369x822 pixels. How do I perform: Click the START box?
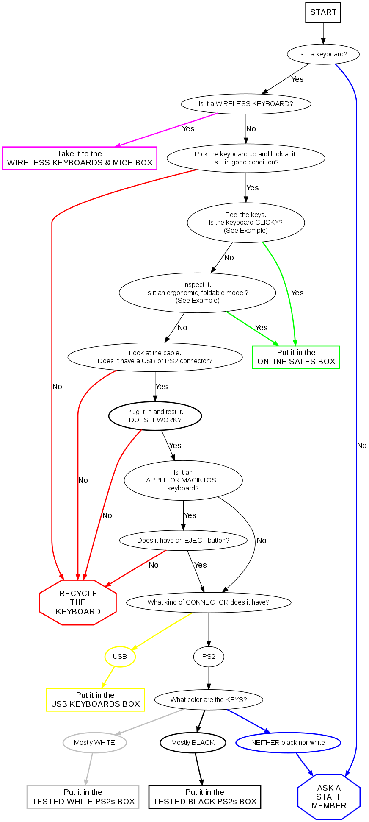(x=323, y=12)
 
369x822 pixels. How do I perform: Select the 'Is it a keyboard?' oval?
(x=323, y=54)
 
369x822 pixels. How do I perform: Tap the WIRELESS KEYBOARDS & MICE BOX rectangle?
(x=80, y=158)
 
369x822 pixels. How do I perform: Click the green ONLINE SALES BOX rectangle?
(x=296, y=357)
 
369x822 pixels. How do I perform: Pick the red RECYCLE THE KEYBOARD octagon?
(x=78, y=602)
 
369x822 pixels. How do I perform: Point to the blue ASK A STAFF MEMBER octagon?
(x=329, y=797)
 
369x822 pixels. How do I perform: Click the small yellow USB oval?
(x=120, y=657)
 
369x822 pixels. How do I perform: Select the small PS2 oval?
(x=209, y=657)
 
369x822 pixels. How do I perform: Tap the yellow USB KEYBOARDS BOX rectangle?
(x=95, y=699)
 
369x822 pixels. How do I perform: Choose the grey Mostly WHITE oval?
(x=94, y=743)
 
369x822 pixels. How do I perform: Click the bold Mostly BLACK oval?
(x=193, y=743)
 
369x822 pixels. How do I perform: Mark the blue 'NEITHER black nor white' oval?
(x=288, y=743)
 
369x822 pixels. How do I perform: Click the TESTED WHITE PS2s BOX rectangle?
(x=83, y=797)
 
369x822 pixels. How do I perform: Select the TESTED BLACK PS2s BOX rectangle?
(x=205, y=797)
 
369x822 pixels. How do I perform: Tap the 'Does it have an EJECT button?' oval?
(x=183, y=541)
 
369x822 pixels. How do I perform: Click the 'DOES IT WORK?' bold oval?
(x=155, y=416)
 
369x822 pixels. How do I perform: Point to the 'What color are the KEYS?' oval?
(x=209, y=700)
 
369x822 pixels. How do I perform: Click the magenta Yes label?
(x=188, y=129)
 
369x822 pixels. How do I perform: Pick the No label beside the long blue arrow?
(x=362, y=446)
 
